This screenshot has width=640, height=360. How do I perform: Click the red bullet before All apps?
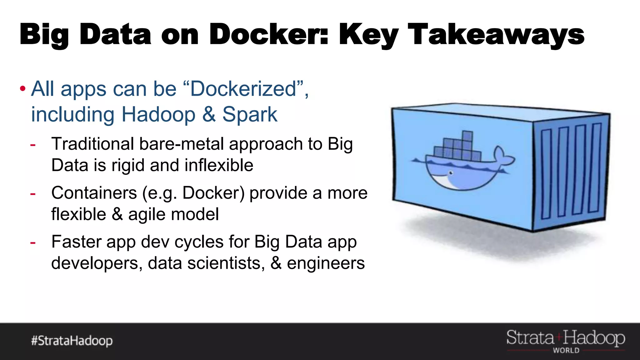[x=22, y=89]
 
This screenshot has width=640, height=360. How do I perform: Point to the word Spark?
[x=250, y=115]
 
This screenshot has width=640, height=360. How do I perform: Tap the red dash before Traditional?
[x=33, y=145]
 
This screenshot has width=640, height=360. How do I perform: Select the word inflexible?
[x=219, y=165]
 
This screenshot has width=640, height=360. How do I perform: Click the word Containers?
[x=94, y=193]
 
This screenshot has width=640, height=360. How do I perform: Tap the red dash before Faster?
[x=33, y=242]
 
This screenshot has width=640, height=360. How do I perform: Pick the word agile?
[x=147, y=214]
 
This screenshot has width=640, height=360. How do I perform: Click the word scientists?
[x=224, y=263]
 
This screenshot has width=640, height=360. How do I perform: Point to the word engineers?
[x=326, y=263]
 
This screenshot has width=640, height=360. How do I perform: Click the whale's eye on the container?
[x=451, y=172]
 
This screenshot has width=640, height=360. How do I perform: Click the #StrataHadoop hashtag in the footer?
[x=72, y=341]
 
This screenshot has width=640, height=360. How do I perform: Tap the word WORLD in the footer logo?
[x=566, y=351]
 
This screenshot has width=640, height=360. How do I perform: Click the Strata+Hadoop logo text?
[x=566, y=338]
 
